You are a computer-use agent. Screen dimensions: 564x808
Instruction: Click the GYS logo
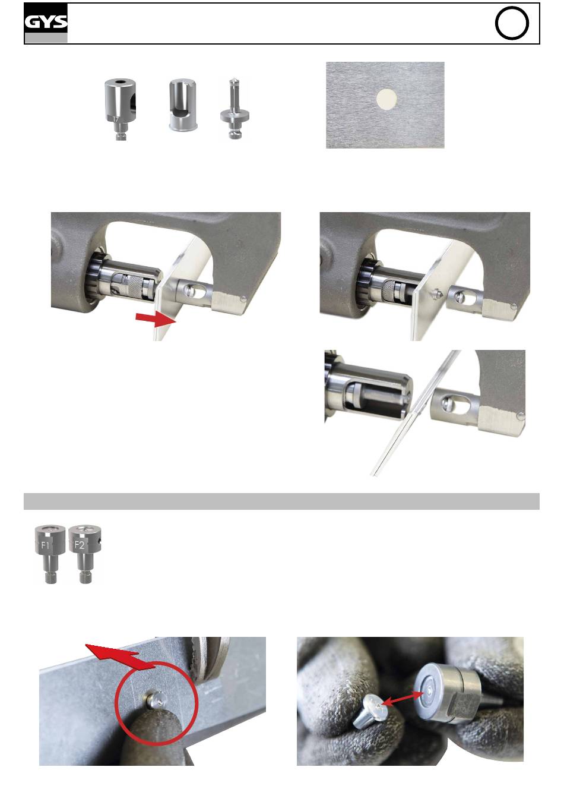coord(46,23)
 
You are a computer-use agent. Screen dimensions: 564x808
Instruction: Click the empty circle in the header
coord(511,23)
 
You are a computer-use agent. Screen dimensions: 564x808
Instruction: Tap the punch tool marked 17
coord(121,109)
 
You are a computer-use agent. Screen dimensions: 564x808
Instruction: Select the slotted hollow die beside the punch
coord(183,106)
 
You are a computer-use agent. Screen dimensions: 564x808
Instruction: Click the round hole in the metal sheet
coord(386,99)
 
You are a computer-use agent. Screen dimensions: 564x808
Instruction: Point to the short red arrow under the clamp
coord(156,319)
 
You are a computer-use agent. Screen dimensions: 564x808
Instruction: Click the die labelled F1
coord(50,554)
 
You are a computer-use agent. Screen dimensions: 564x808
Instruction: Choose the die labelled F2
coord(85,554)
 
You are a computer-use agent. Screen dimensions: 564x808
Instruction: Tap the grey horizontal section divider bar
coord(281,501)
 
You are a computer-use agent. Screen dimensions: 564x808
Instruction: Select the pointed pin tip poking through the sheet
coord(439,293)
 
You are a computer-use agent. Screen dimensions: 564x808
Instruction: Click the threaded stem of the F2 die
coord(85,576)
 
